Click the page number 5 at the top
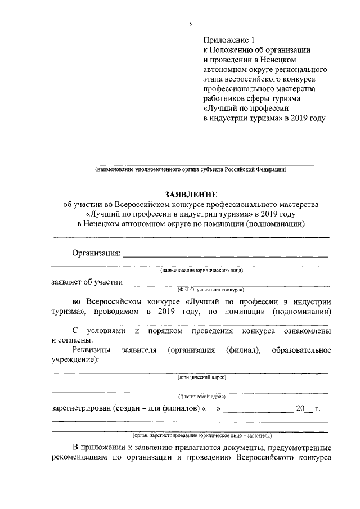coord(190,24)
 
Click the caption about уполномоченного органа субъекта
coord(191,169)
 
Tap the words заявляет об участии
coord(86,282)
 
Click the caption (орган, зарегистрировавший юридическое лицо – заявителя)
coord(202,435)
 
